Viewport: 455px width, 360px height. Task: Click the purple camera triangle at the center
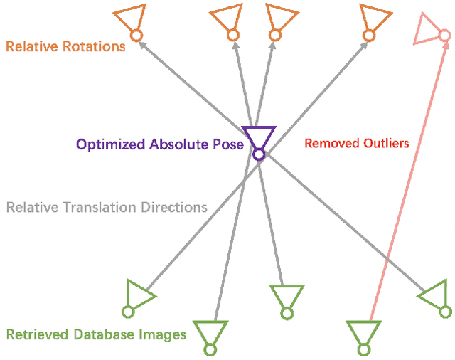(258, 135)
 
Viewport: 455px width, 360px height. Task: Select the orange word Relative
(33, 47)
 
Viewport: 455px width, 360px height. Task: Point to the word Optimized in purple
(110, 144)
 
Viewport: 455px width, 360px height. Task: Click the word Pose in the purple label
(229, 144)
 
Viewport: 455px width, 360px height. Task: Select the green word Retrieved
(36, 334)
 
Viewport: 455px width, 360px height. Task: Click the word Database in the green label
(102, 334)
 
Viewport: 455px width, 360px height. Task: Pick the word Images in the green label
(163, 334)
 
